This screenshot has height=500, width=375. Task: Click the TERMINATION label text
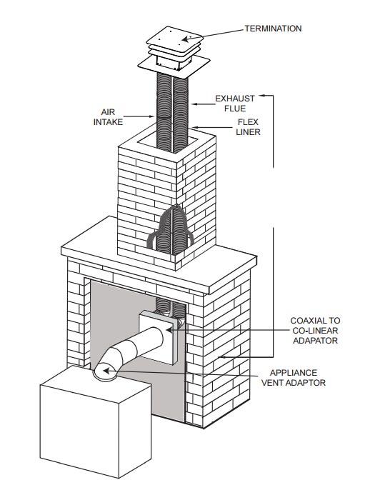(273, 29)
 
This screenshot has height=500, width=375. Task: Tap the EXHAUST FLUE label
(235, 104)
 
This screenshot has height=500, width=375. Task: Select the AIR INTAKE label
(108, 117)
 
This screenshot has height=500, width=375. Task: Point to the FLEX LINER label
(248, 127)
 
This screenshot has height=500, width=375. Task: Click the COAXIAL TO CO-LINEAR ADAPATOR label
(315, 330)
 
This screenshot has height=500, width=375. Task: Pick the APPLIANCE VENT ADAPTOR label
(294, 378)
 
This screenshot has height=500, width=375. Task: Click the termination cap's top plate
(174, 39)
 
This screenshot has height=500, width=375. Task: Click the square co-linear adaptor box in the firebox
(158, 337)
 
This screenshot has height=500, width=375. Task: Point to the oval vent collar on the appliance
(105, 372)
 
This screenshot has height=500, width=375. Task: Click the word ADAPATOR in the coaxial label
(315, 340)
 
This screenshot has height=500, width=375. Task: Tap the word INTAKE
(108, 122)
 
